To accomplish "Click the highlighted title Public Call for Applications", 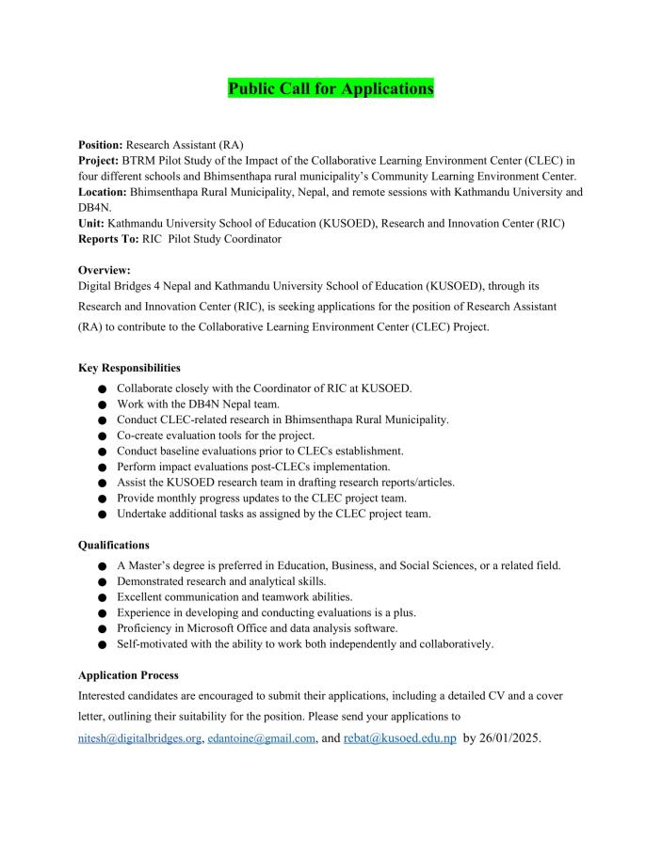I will click(x=331, y=88).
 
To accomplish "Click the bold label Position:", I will click(x=101, y=145).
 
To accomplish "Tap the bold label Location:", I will click(x=103, y=192).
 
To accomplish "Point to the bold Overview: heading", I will click(x=105, y=270).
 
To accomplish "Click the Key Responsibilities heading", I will click(x=129, y=368).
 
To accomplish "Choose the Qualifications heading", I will click(x=113, y=545).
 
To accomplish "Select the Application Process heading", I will click(x=127, y=675).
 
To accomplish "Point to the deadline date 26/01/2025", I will click(x=510, y=739).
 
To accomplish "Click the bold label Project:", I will click(x=98, y=161).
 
